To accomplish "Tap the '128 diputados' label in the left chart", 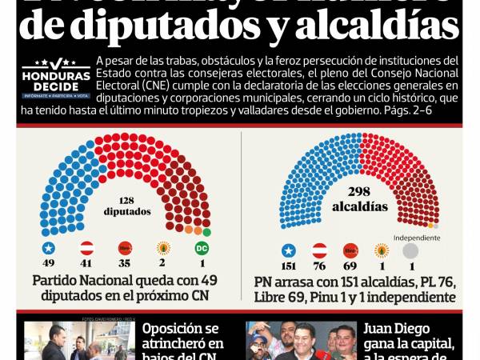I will point(126,206).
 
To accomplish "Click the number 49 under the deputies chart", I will point(47,263).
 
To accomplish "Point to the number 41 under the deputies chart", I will point(86,263).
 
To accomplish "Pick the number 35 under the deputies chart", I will point(125,263).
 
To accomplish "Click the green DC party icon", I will point(202,248).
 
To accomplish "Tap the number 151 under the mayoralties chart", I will point(289,266).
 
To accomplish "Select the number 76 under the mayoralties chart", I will point(319,266).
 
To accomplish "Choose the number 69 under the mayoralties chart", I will point(350,266).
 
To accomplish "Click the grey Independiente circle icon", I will point(410,250).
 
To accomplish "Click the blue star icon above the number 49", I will point(47,248).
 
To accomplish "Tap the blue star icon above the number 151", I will point(289,250).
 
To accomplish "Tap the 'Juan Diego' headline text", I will point(398,329).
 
